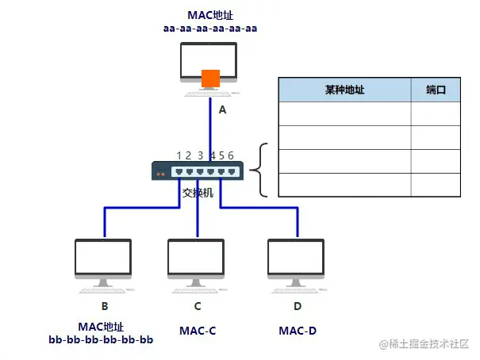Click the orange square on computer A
click(x=210, y=79)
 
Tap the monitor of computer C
click(x=197, y=258)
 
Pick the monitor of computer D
click(x=297, y=258)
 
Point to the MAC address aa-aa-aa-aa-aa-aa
click(x=210, y=29)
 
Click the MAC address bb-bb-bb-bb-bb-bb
click(x=101, y=340)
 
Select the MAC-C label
click(x=198, y=330)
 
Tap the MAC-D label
click(x=298, y=330)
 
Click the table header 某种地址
click(x=344, y=90)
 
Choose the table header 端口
click(x=436, y=90)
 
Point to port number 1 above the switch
click(x=179, y=155)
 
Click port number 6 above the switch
click(x=231, y=155)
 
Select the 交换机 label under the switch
click(x=198, y=193)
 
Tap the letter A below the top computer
click(x=222, y=111)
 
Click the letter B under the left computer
click(x=104, y=306)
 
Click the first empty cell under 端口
click(x=436, y=114)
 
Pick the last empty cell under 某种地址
click(x=344, y=185)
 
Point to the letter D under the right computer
click(x=298, y=306)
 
